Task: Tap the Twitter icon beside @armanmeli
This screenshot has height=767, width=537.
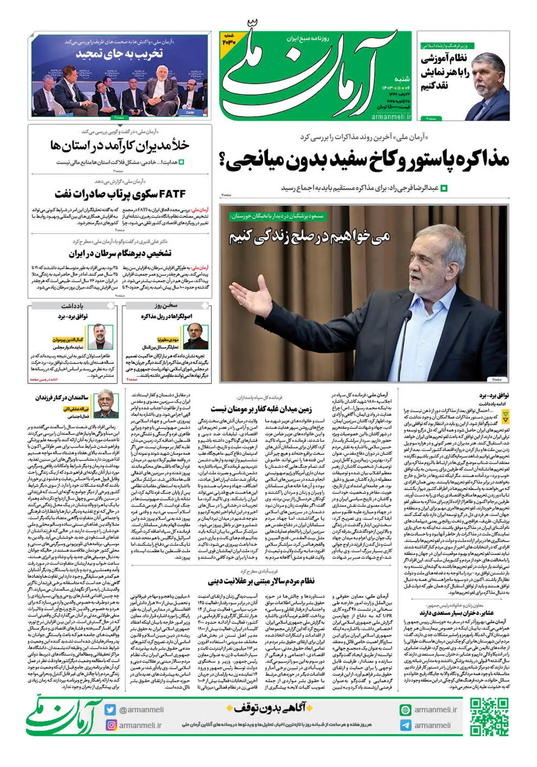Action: (110, 710)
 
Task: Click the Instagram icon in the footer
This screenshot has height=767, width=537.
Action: (111, 725)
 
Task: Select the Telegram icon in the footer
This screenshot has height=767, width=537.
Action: (405, 725)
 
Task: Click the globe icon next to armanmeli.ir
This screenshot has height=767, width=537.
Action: (405, 710)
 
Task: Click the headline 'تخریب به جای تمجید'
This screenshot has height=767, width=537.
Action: (119, 54)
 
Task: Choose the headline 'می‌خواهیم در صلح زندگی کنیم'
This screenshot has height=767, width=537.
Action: (310, 237)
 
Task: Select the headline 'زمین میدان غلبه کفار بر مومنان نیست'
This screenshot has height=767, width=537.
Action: (261, 409)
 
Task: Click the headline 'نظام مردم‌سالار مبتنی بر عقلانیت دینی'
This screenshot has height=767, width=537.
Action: (261, 581)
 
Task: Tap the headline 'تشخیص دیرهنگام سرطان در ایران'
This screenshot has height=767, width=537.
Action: (120, 254)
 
